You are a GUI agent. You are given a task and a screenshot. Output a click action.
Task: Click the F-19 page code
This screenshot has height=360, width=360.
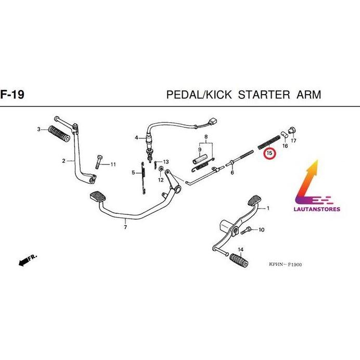[11, 95]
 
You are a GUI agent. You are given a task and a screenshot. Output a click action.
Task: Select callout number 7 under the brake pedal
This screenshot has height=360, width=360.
[125, 227]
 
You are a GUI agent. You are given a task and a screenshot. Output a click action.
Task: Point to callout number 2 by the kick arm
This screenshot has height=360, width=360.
[63, 161]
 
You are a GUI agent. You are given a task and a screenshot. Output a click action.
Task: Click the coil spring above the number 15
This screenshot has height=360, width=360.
[269, 142]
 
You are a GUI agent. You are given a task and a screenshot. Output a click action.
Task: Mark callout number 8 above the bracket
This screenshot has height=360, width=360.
[206, 138]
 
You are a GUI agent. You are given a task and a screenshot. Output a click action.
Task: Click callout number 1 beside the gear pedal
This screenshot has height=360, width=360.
[268, 209]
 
